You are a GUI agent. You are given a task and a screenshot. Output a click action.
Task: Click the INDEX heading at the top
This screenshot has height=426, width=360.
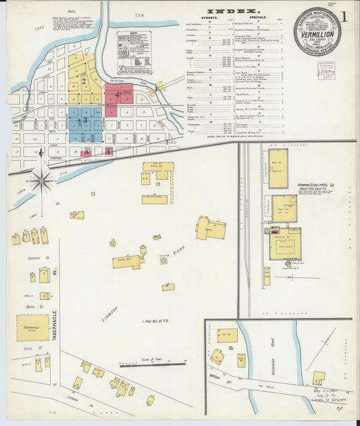[x=232, y=11]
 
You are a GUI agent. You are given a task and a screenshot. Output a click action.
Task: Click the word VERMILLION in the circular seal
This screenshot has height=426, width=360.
[x=317, y=30]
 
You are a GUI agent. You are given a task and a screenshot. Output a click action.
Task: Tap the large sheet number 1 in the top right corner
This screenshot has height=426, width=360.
[x=346, y=18]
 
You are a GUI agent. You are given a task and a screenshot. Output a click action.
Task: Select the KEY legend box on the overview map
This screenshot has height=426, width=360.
[x=134, y=51]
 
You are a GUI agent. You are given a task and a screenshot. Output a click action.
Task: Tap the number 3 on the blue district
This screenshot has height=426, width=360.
[x=84, y=121]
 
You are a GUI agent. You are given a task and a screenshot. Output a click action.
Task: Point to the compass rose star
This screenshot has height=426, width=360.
[x=41, y=180]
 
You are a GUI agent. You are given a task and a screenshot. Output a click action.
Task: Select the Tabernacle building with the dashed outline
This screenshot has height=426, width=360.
[x=32, y=327]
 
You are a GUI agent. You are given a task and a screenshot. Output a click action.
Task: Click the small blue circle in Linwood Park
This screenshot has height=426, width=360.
[x=163, y=260]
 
